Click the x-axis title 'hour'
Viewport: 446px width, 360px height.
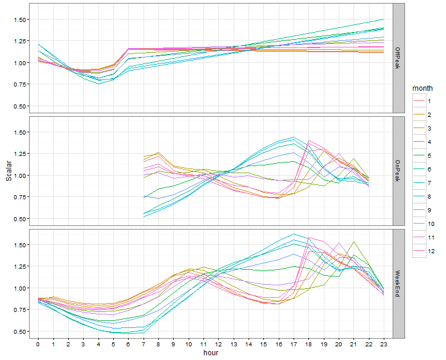211,353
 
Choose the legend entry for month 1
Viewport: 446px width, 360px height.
429,101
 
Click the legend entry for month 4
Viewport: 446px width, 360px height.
429,142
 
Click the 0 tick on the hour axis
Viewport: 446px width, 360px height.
38,343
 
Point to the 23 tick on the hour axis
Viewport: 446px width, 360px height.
384,343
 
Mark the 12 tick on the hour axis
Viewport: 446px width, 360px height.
218,343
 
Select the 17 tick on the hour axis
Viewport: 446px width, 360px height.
294,343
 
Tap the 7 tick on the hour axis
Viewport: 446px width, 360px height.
144,343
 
